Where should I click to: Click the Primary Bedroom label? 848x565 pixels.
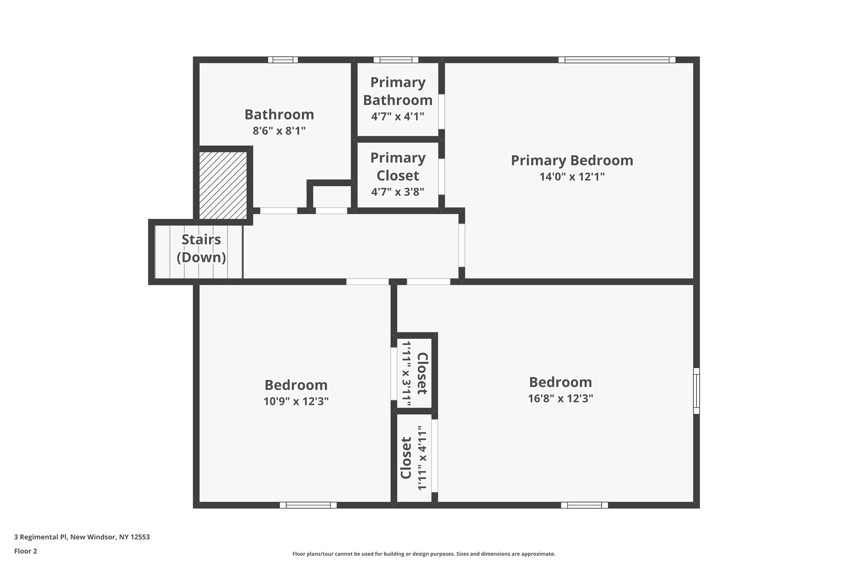tap(572, 161)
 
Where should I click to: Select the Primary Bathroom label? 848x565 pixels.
tap(397, 91)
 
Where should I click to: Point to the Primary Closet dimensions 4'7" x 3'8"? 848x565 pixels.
tap(397, 192)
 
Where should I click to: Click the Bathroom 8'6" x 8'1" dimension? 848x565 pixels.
tap(279, 131)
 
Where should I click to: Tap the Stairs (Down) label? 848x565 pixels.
tap(201, 248)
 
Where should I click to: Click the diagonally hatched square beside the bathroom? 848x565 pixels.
tap(223, 185)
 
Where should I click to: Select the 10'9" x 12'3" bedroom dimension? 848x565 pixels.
tap(296, 402)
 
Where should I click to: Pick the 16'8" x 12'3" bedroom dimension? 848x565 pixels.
tap(560, 399)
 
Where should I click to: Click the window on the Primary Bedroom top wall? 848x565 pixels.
tap(617, 60)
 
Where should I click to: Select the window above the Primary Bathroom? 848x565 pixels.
tap(395, 60)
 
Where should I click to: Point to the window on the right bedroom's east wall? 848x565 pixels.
tap(696, 391)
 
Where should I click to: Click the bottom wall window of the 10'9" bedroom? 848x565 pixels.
tap(308, 505)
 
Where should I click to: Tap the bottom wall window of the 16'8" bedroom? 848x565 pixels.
tap(584, 505)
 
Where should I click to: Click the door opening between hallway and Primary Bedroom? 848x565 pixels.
tap(462, 245)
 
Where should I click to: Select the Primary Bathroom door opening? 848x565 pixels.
tap(442, 111)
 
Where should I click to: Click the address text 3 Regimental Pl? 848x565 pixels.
tap(82, 537)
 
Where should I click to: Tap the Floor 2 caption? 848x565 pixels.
tap(26, 551)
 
